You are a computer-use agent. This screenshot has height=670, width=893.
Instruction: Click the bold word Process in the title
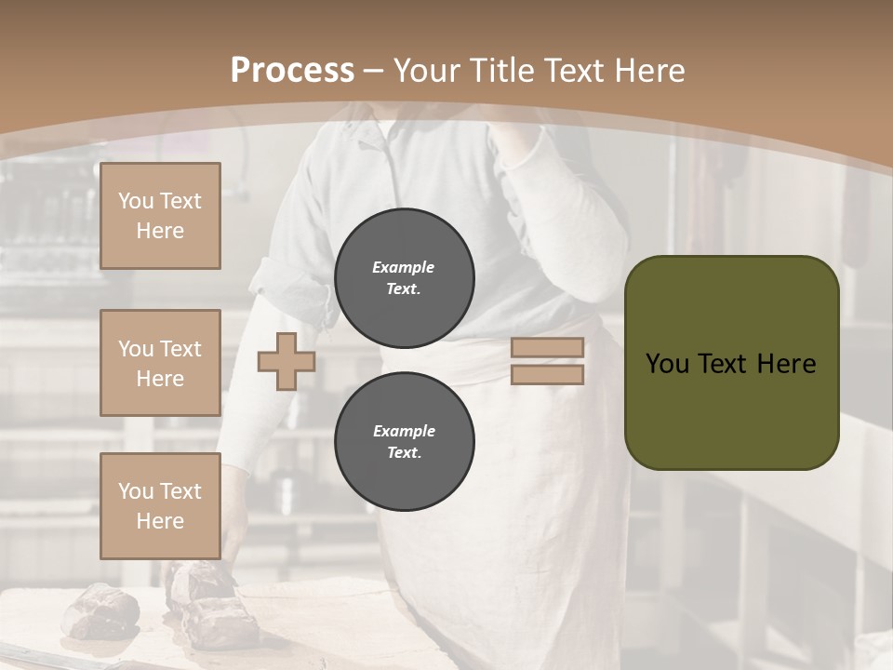[291, 71]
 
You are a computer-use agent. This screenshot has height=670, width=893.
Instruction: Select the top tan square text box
[160, 216]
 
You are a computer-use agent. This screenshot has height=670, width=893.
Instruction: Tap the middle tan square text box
[160, 363]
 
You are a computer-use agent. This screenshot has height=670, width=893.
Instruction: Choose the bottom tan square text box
[160, 506]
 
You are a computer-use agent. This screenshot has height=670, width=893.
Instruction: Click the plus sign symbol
[287, 361]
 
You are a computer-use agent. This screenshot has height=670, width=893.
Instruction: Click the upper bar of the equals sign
[547, 347]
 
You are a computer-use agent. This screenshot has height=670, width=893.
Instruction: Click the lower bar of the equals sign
[547, 374]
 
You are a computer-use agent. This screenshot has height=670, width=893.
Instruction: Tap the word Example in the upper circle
[403, 267]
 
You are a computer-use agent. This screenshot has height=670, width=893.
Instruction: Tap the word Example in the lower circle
[404, 431]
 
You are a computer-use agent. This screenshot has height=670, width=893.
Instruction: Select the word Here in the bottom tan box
[160, 521]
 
